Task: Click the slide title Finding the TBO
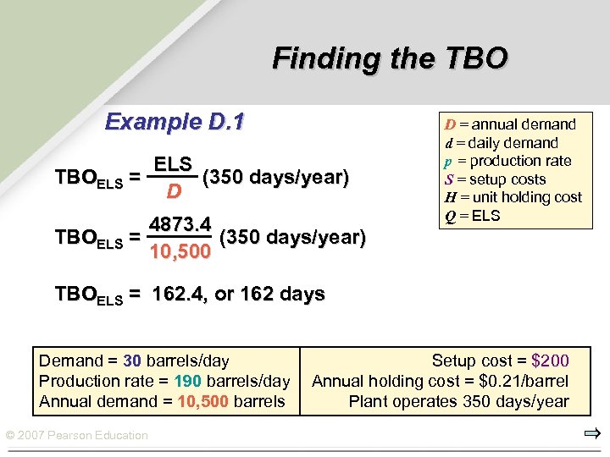(x=390, y=58)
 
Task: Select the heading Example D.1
(x=174, y=122)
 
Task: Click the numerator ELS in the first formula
(x=173, y=163)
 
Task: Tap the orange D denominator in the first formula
(x=173, y=192)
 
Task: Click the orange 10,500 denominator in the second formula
(x=180, y=252)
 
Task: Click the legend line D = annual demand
(x=505, y=124)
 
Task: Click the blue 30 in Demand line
(x=132, y=361)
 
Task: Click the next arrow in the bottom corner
(x=591, y=435)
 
